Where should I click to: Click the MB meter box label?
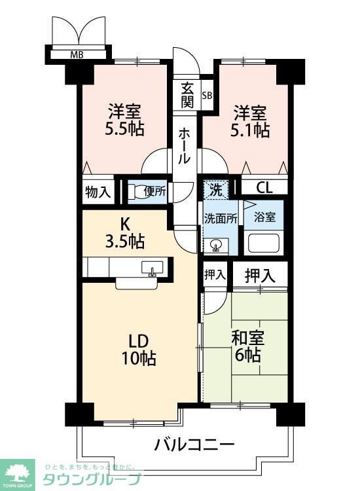[x=77, y=55]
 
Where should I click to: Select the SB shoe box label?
[x=207, y=95]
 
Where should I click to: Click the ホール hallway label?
[x=184, y=146]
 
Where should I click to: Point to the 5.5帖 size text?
[x=124, y=128]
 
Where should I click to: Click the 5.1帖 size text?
[x=250, y=130]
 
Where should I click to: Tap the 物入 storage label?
[x=98, y=192]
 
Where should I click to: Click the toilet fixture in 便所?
[x=135, y=191]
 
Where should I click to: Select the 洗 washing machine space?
[x=216, y=190]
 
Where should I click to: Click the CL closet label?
[x=264, y=188]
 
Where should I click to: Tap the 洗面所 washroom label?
[x=221, y=219]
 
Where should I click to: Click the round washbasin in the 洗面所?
[x=216, y=245]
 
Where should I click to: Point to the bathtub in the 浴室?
[x=264, y=244]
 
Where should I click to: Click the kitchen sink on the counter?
[x=152, y=268]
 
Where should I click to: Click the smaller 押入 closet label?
[x=215, y=275]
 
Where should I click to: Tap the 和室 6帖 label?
[x=247, y=346]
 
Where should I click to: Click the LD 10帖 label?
[x=138, y=350]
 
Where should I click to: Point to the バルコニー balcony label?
[x=194, y=445]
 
